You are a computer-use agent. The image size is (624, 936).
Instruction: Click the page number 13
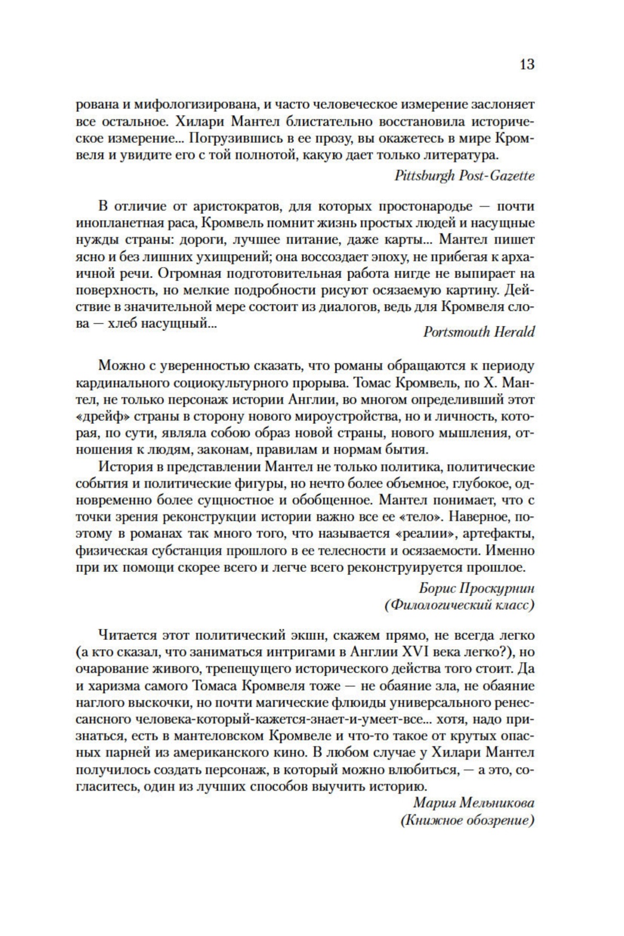tap(526, 64)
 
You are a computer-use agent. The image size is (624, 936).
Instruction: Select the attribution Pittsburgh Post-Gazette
tap(464, 175)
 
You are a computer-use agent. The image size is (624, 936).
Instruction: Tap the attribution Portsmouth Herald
tap(479, 332)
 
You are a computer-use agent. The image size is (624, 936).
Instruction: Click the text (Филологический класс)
tap(459, 605)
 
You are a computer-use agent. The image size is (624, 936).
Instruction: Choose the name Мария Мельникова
tap(474, 803)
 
